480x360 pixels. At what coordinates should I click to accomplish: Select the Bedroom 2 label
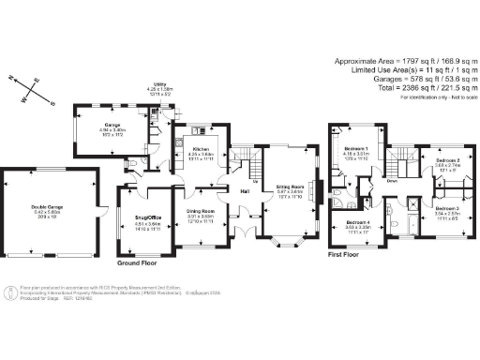448,160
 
